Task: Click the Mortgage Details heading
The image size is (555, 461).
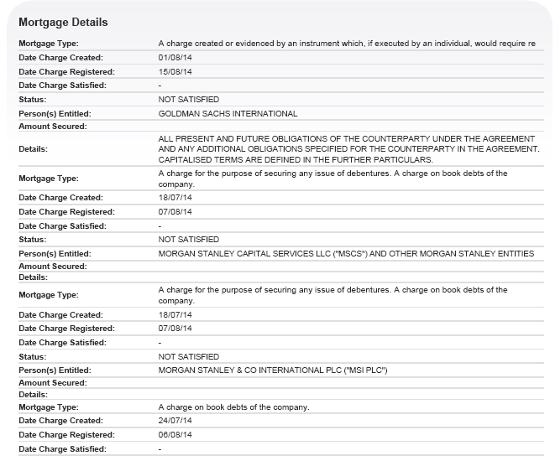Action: coord(63,22)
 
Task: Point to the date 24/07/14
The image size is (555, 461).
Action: coord(175,421)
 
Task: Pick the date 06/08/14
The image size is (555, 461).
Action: coord(175,435)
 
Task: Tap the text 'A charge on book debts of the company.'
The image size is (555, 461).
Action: coord(233,407)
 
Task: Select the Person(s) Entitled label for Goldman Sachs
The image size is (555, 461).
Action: coord(55,113)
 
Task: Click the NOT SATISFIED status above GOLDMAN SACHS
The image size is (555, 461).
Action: coord(188,99)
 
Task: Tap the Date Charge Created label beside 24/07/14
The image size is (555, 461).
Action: coord(60,421)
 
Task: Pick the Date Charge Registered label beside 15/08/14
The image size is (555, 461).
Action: coord(66,71)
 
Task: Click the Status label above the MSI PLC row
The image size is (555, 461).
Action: coord(32,356)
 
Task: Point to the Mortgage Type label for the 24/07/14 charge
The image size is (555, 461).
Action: coord(48,407)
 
